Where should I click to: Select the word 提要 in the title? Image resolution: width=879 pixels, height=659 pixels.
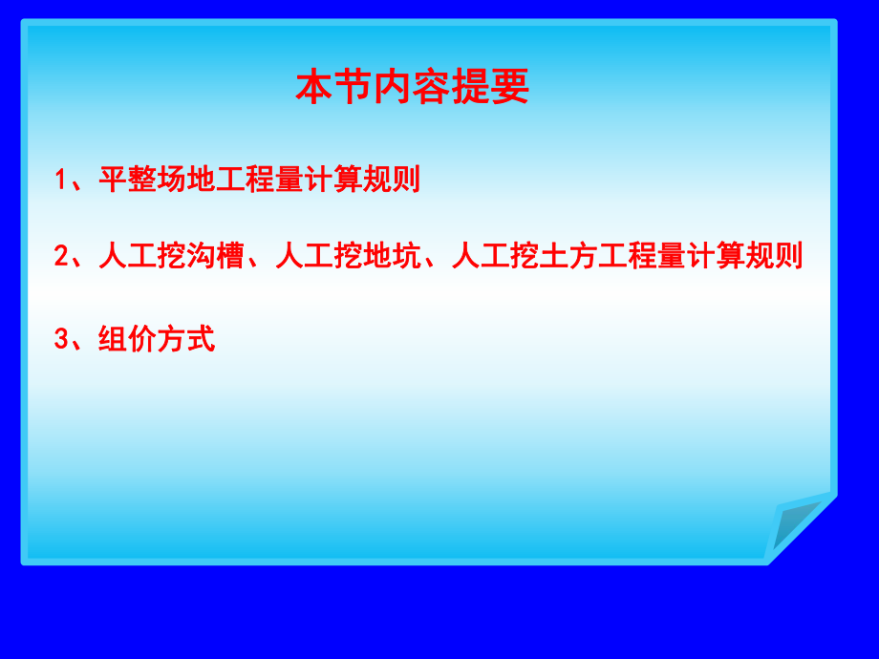tap(490, 88)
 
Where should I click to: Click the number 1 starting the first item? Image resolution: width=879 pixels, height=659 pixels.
tap(61, 181)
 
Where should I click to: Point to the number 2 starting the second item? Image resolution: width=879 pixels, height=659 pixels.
tap(61, 257)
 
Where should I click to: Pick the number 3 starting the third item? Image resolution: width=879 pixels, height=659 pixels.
tap(61, 339)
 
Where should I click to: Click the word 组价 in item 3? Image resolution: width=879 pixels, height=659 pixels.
tap(127, 338)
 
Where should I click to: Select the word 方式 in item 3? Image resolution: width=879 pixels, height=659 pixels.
tap(186, 338)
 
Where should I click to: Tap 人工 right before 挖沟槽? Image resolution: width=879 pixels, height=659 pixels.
tap(127, 256)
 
